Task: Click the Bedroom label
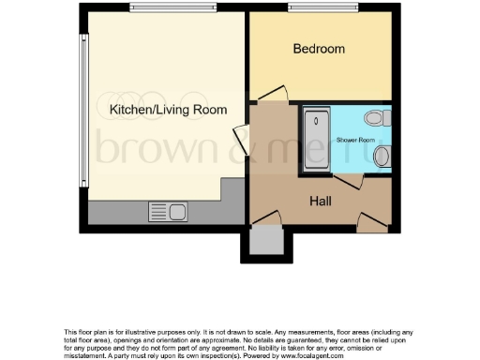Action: [319, 49]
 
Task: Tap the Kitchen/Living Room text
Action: [168, 110]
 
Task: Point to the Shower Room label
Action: [355, 140]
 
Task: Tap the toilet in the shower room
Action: [376, 118]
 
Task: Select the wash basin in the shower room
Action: [382, 157]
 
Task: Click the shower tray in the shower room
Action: [315, 142]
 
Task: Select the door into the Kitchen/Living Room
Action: [242, 140]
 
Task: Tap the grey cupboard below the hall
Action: [267, 244]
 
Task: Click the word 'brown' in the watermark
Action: [135, 148]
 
